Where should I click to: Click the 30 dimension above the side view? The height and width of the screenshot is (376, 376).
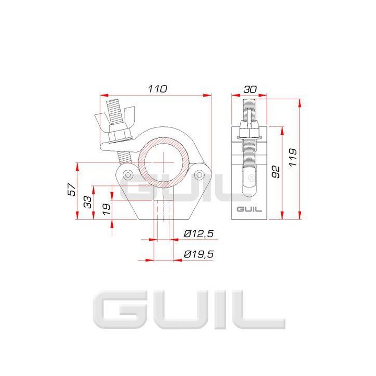click(x=249, y=89)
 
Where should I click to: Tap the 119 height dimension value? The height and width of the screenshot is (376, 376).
click(x=292, y=157)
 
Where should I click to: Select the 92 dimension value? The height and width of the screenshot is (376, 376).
click(x=276, y=171)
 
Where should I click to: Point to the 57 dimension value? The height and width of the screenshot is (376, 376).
click(x=72, y=189)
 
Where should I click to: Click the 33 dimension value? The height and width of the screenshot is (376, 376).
click(x=88, y=202)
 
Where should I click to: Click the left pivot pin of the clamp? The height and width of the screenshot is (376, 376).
click(x=127, y=175)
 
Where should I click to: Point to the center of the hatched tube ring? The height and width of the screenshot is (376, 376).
click(x=163, y=161)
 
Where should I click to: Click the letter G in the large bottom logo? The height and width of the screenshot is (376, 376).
click(x=115, y=311)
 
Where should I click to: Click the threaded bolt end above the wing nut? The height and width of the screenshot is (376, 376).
click(x=113, y=108)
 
